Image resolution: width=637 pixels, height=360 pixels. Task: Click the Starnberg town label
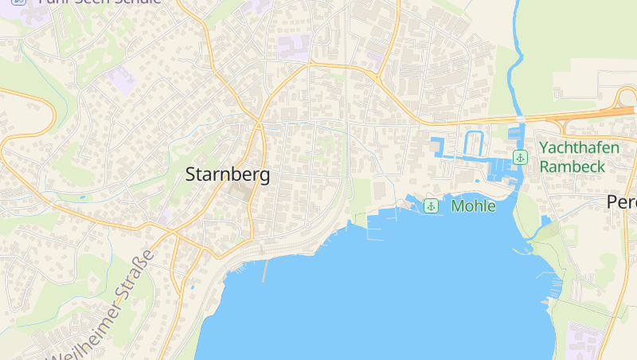pyautogui.click(x=227, y=175)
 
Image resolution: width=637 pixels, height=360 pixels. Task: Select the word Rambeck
pyautogui.click(x=573, y=166)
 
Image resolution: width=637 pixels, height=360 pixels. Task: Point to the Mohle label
pyautogui.click(x=473, y=206)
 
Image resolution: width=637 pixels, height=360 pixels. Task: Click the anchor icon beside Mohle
pyautogui.click(x=431, y=206)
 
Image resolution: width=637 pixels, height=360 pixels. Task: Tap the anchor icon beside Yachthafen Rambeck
pyautogui.click(x=520, y=157)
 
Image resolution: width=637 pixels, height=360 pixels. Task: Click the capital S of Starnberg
pyautogui.click(x=191, y=175)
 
